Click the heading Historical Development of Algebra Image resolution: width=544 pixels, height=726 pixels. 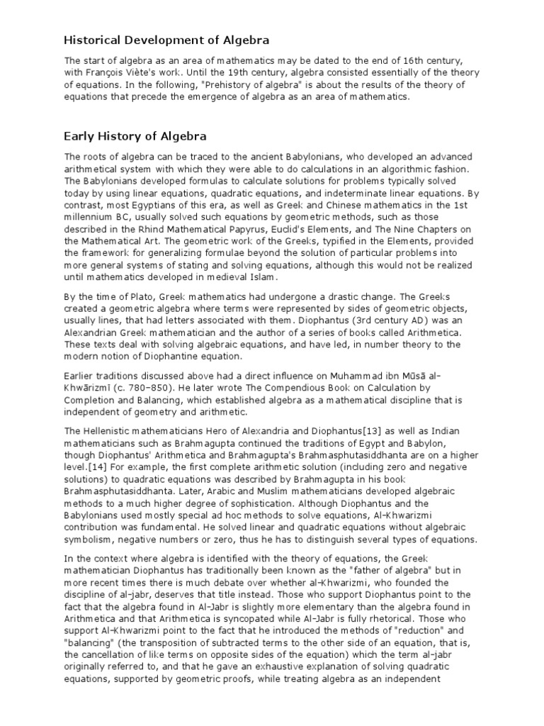coord(166,40)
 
